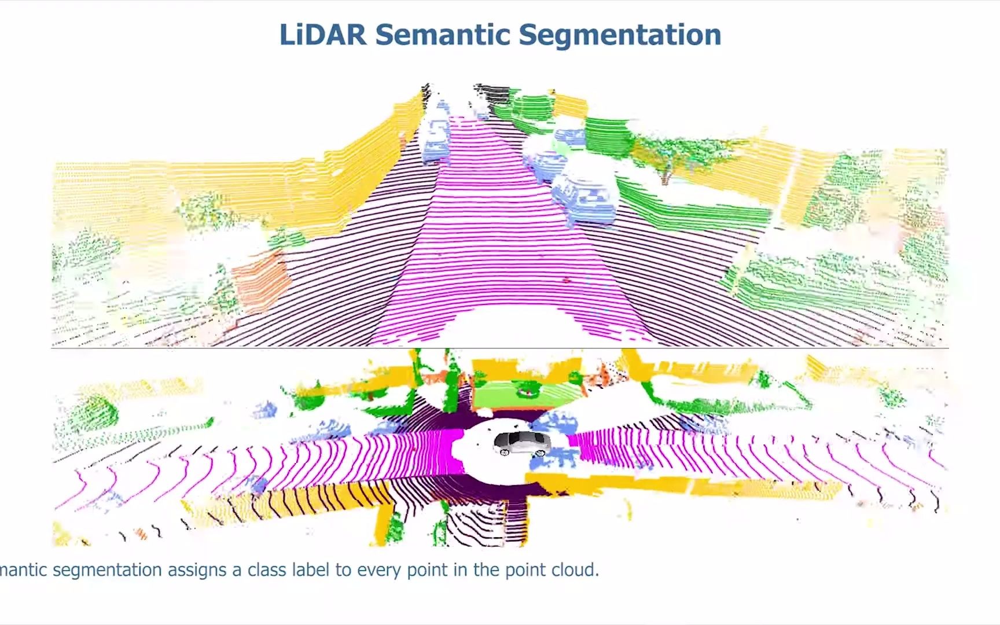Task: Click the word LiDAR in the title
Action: pos(322,34)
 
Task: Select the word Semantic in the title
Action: pos(443,34)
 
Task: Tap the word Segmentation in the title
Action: pos(619,34)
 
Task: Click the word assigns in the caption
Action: pos(197,570)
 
